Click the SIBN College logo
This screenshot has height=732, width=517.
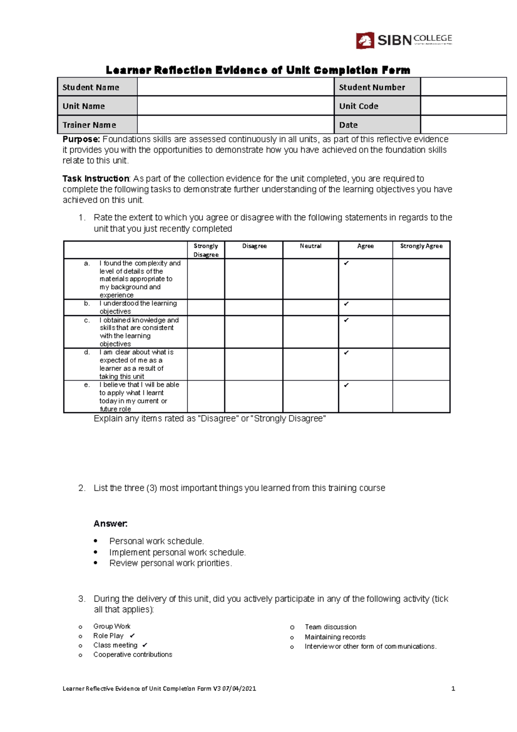[x=404, y=40]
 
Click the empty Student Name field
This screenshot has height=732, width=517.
[x=235, y=87]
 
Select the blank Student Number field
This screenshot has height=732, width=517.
[x=463, y=87]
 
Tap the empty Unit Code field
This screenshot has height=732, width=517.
[x=463, y=106]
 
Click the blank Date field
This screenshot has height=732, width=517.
[x=463, y=125]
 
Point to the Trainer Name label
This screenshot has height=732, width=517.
[x=89, y=125]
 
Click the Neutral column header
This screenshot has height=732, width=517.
[x=311, y=246]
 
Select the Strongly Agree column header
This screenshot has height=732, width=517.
[x=421, y=246]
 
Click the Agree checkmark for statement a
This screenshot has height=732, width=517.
[x=346, y=263]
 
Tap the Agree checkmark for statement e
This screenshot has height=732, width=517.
[x=346, y=385]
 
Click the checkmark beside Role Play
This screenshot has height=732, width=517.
[x=132, y=636]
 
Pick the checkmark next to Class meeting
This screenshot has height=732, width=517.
[x=145, y=645]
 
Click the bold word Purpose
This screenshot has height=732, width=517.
[x=81, y=139]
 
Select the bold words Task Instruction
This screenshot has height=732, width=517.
[x=96, y=178]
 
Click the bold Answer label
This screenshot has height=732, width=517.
[x=110, y=524]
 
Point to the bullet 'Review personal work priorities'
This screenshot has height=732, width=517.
[x=170, y=563]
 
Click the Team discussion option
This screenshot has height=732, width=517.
[x=330, y=627]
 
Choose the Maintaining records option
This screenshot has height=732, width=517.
[x=335, y=637]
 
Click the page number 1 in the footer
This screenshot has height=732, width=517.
[x=453, y=688]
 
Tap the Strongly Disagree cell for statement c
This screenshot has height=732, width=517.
[x=206, y=332]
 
